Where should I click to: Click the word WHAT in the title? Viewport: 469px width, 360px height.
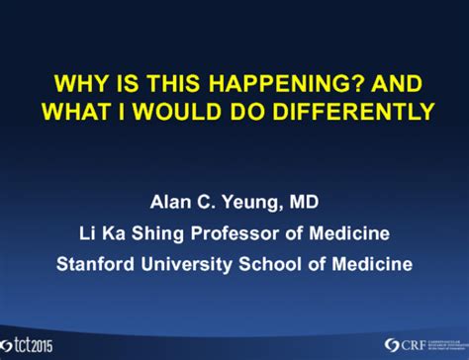click(71, 111)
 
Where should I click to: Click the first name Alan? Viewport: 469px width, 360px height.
click(170, 203)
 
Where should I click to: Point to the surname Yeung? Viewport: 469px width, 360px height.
click(247, 203)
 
